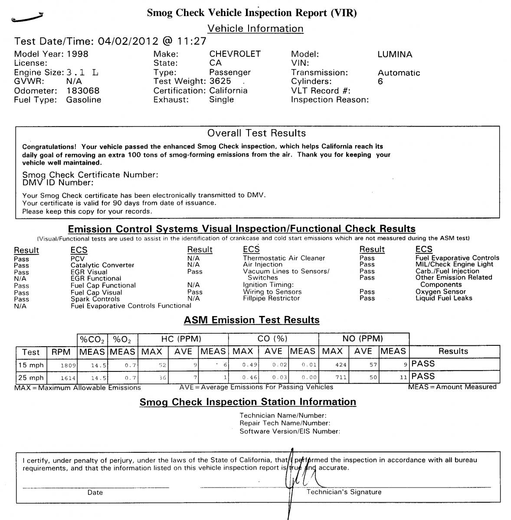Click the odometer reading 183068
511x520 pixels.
[83, 91]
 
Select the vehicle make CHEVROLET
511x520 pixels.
[235, 54]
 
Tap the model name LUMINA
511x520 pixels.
[395, 55]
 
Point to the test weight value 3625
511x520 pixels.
[220, 81]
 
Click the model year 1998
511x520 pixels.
[77, 54]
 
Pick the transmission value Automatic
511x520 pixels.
[399, 73]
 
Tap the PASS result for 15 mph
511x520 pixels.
[423, 364]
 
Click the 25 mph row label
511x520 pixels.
[31, 377]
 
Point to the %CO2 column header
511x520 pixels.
[92, 339]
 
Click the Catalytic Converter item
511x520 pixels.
[102, 265]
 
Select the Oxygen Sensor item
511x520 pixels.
[440, 292]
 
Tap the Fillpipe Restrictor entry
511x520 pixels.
[271, 298]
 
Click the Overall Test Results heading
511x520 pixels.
[256, 133]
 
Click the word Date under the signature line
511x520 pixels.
[95, 492]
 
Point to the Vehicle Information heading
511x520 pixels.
[255, 29]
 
